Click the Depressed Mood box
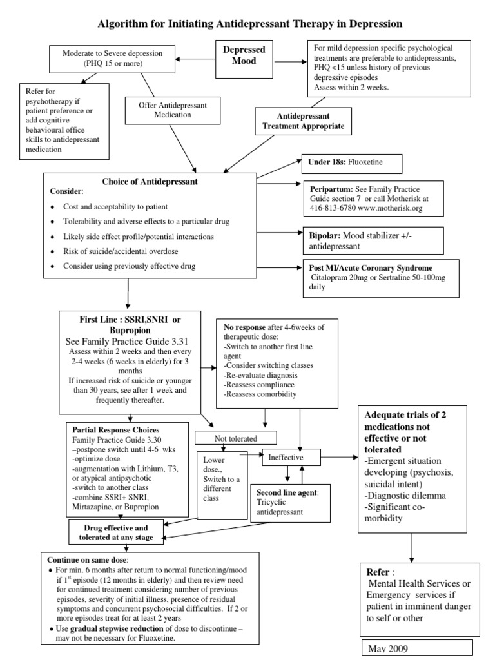click(244, 56)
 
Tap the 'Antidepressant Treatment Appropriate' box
click(304, 121)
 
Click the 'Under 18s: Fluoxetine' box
click(351, 164)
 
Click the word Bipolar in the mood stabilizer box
click(324, 236)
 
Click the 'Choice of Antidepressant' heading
click(150, 182)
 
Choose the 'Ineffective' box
click(291, 457)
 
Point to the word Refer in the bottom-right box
click(378, 572)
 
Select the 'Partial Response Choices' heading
click(116, 429)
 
